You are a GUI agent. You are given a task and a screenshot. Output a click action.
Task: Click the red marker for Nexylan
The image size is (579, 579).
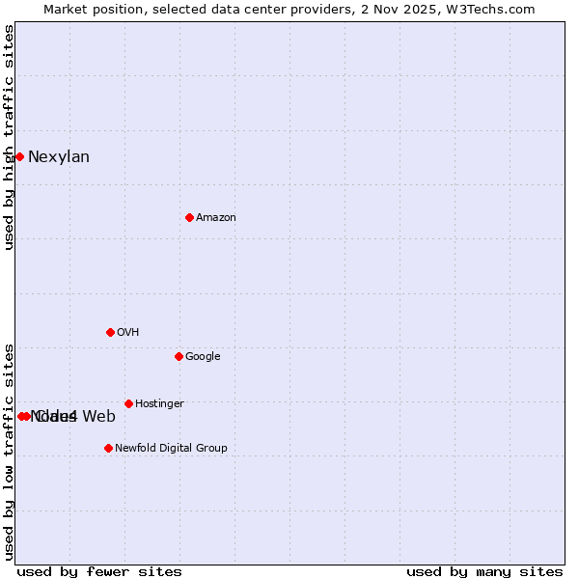[x=19, y=156]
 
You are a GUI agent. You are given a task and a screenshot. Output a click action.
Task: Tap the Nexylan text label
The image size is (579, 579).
[x=59, y=157]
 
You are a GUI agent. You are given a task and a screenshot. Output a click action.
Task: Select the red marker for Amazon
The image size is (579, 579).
[x=189, y=217]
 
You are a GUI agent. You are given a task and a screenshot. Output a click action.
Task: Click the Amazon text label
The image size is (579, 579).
[x=216, y=218]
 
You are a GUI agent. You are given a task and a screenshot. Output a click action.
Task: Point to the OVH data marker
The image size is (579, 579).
[x=110, y=332]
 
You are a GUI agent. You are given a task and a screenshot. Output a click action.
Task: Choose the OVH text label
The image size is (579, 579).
[x=128, y=333]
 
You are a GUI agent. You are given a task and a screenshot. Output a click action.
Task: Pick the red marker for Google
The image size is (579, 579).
[x=179, y=356]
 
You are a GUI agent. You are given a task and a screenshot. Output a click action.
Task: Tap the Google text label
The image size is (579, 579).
[x=203, y=357]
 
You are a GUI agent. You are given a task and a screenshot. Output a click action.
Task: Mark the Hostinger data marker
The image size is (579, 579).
[x=128, y=403]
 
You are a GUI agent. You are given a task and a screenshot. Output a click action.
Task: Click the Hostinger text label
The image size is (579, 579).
[x=159, y=404]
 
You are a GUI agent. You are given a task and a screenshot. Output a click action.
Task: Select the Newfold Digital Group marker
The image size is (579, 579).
[x=108, y=448]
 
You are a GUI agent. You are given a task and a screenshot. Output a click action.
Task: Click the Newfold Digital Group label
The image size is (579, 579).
[x=171, y=449]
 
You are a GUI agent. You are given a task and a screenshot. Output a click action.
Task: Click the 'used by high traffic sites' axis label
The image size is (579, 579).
[x=10, y=137]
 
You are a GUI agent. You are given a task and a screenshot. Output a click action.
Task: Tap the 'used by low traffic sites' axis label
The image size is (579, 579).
[x=10, y=451]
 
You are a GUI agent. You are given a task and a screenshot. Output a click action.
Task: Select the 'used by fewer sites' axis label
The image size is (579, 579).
[x=99, y=571]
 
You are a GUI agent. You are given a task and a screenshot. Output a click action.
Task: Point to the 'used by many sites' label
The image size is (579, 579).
[x=484, y=571]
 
